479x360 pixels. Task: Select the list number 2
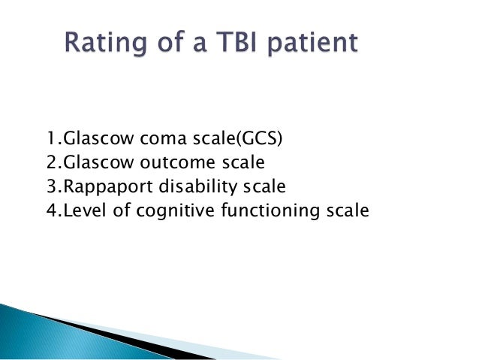pyautogui.click(x=50, y=162)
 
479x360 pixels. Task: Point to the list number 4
pyautogui.click(x=50, y=210)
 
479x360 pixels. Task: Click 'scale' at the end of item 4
pyautogui.click(x=346, y=210)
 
